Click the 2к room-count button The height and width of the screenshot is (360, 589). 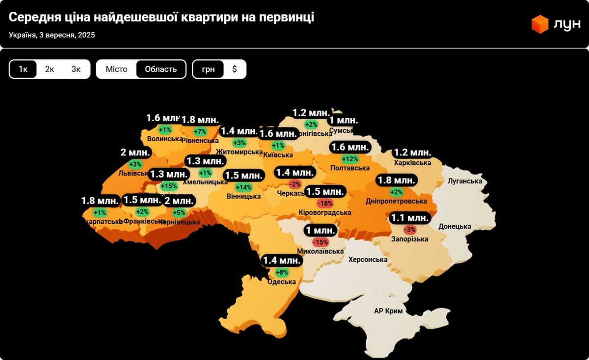click(50, 69)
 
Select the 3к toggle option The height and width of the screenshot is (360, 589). click(76, 69)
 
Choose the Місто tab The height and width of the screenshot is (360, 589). click(116, 69)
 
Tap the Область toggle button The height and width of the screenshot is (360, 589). click(161, 69)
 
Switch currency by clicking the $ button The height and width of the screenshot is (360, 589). click(235, 69)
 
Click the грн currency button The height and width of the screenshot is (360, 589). click(208, 69)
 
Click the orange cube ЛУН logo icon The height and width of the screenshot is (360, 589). click(540, 24)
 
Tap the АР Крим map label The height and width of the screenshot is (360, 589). click(388, 311)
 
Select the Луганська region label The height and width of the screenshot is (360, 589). click(465, 181)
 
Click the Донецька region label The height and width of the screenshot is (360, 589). click(455, 226)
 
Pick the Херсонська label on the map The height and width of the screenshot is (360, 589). click(368, 259)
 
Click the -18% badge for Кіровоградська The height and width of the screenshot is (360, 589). click(325, 203)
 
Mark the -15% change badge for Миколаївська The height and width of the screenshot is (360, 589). click(321, 242)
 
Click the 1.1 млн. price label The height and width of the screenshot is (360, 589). click(410, 218)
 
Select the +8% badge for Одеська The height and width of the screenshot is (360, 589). click(282, 272)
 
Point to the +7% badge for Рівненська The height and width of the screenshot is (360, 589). click(200, 131)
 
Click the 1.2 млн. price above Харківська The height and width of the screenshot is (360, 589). click(412, 152)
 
